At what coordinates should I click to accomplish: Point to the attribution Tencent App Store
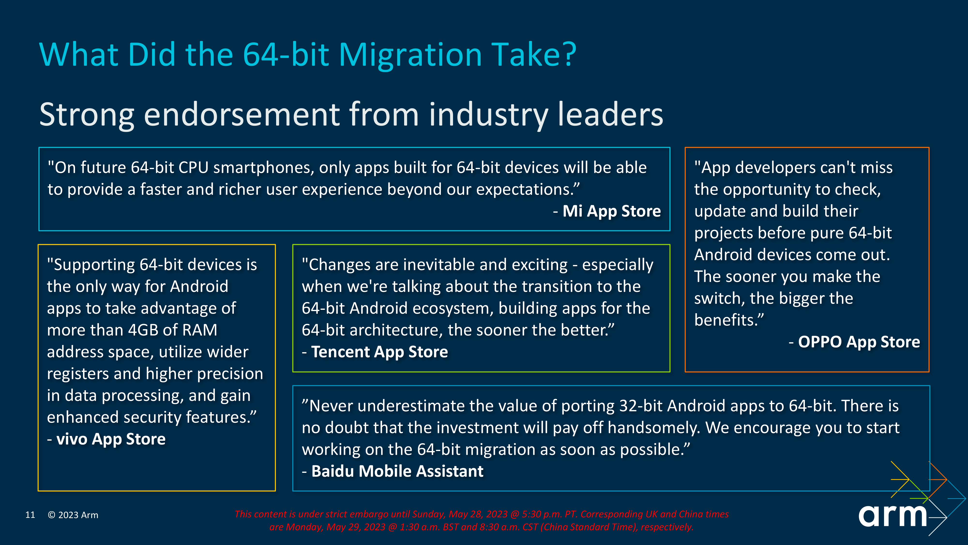pyautogui.click(x=379, y=352)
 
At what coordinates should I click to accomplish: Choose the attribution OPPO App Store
pyautogui.click(x=859, y=342)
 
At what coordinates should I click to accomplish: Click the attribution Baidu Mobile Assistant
pyautogui.click(x=397, y=471)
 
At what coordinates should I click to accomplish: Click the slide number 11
pyautogui.click(x=30, y=515)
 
